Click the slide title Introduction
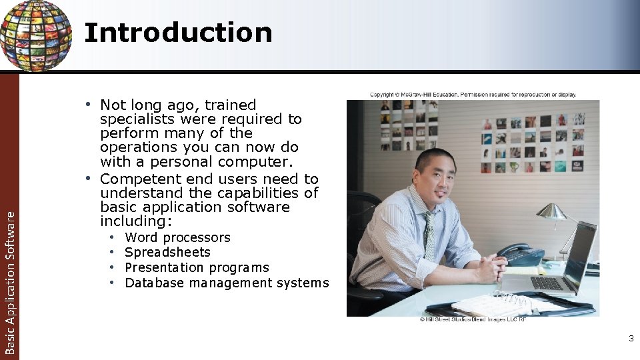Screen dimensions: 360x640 tap(178, 33)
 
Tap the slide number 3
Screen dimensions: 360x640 tap(631, 339)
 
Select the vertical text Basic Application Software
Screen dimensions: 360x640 tap(9, 281)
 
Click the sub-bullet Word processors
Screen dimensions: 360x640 tap(177, 237)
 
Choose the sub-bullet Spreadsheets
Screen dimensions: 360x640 tap(167, 252)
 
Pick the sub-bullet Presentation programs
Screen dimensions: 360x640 tap(197, 267)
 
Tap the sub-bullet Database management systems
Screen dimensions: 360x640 tap(227, 283)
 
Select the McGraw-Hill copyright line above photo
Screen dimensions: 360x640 tap(473, 95)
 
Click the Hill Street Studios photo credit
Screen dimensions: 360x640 tap(473, 320)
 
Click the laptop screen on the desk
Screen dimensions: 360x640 tap(579, 253)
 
